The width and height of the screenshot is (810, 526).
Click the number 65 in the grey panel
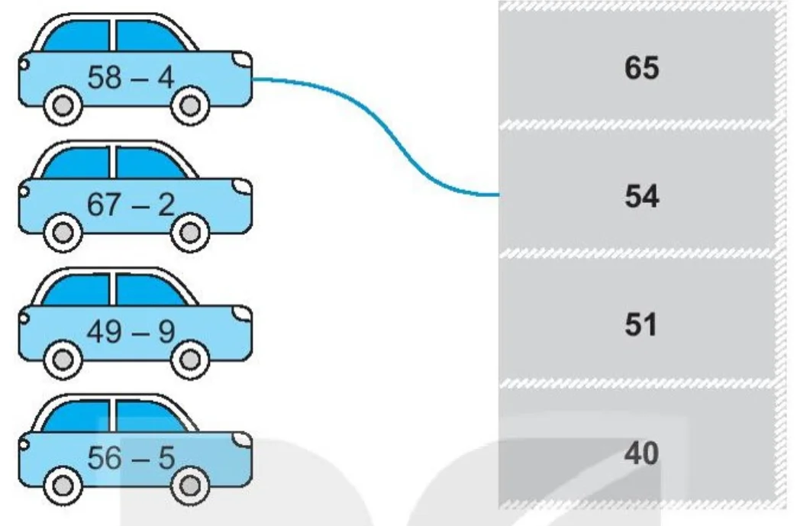(641, 68)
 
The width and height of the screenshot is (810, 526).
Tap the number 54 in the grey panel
(641, 196)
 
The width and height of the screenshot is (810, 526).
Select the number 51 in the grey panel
(641, 324)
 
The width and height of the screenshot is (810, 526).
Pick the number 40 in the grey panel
(641, 453)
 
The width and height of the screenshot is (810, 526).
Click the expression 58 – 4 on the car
(131, 78)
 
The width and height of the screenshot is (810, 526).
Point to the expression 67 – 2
(131, 204)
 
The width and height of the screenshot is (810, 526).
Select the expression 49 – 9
(131, 331)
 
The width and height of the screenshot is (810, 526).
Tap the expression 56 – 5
(131, 458)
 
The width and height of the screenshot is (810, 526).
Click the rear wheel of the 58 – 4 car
(63, 106)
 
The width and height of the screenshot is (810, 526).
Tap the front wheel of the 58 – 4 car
(190, 106)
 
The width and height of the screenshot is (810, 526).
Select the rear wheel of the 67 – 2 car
(63, 233)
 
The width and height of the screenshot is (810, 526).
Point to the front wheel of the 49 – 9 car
(190, 360)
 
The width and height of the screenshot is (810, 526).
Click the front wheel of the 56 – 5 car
(190, 486)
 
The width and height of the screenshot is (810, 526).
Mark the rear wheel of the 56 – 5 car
(63, 486)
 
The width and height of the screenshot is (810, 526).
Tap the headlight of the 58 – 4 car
(241, 59)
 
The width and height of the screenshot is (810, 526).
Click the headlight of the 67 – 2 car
(241, 186)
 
